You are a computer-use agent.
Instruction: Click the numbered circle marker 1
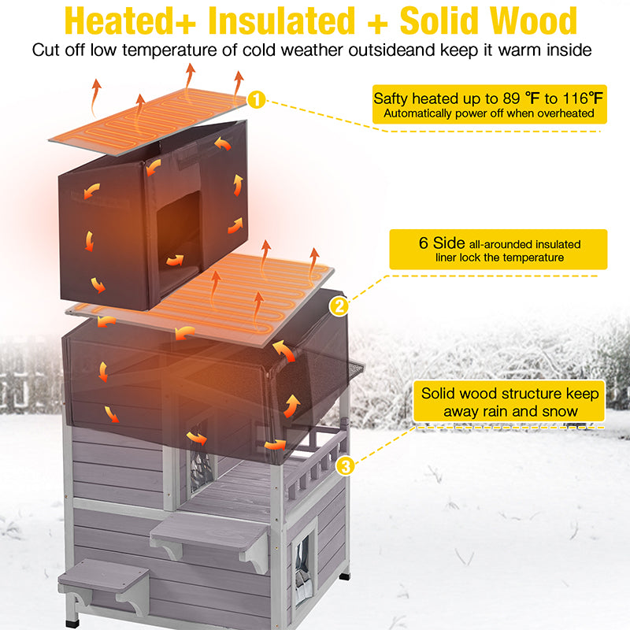click(x=257, y=100)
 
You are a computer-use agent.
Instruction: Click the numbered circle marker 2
click(x=339, y=307)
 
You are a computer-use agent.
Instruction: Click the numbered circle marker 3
click(x=344, y=467)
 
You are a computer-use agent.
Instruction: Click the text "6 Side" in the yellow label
click(x=443, y=243)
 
